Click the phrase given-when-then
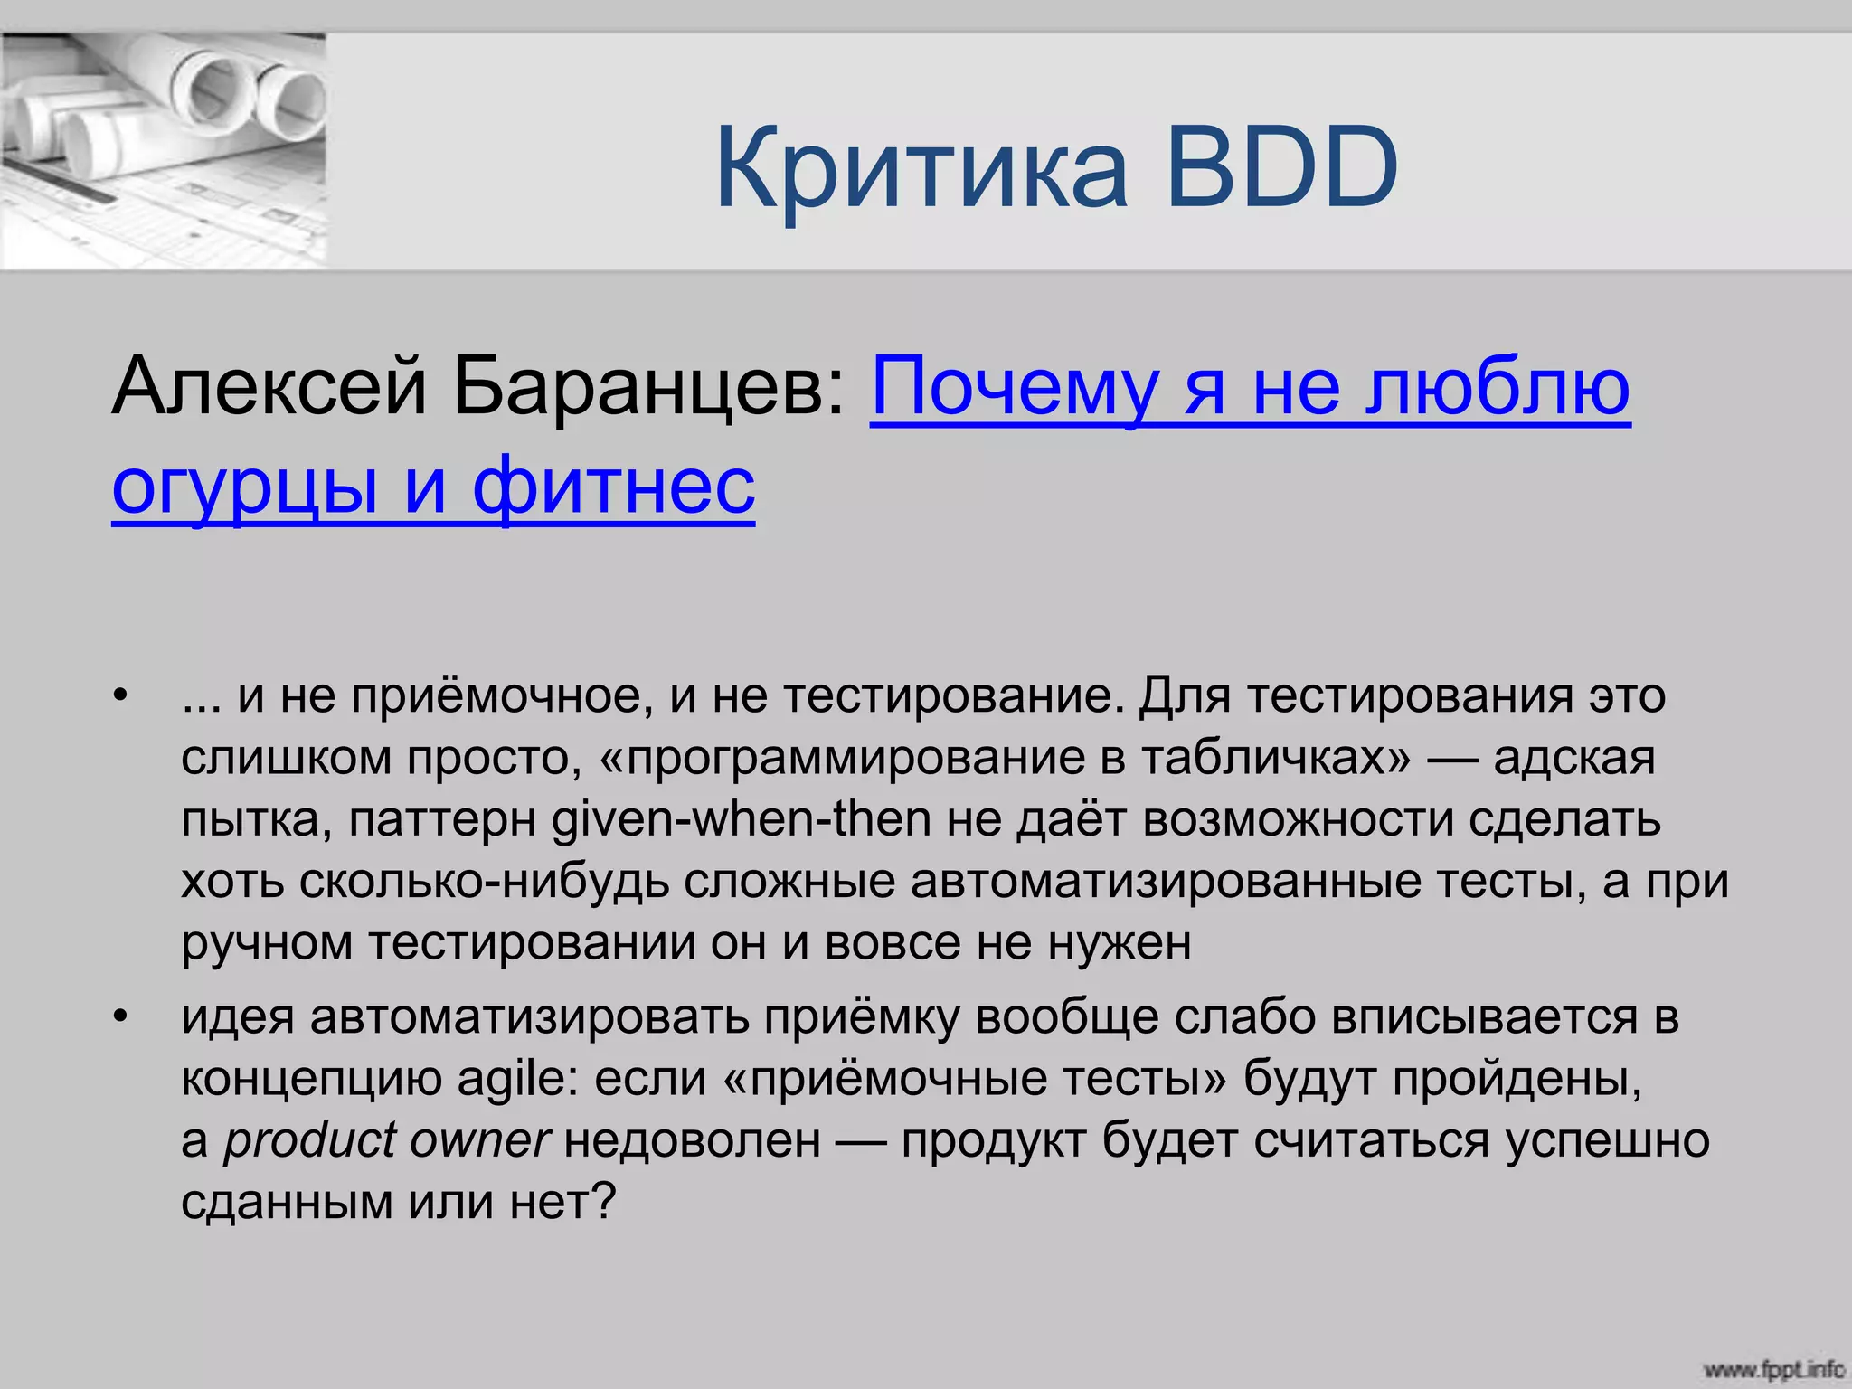(x=741, y=819)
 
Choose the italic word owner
(x=479, y=1141)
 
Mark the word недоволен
(x=693, y=1139)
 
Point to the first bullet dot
(x=118, y=696)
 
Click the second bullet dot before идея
(x=118, y=1017)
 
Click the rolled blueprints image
(x=163, y=150)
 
